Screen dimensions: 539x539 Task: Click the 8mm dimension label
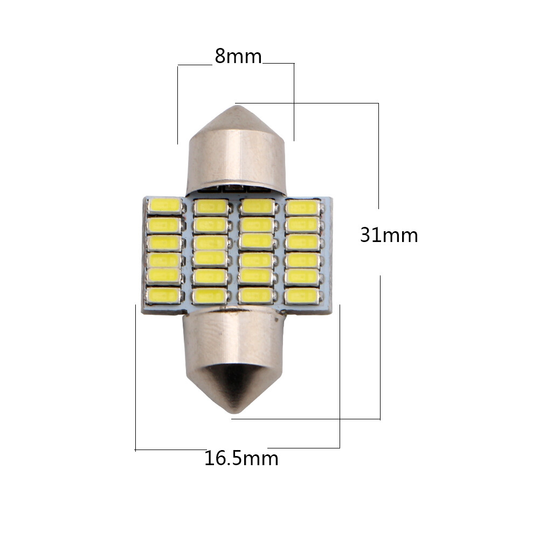click(238, 56)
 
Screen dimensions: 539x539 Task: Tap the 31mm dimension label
click(389, 235)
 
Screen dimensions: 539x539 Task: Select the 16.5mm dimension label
click(241, 459)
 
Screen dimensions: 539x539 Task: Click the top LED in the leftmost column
click(165, 205)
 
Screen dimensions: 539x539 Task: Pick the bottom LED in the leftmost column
click(164, 295)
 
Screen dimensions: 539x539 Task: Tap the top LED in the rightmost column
click(302, 208)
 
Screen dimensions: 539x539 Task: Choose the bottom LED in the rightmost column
click(302, 295)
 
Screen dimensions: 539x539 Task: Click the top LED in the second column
click(211, 206)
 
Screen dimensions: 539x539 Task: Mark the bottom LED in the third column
click(256, 295)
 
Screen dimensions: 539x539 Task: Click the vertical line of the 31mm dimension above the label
click(378, 156)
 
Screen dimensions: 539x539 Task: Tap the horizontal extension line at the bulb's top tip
click(307, 103)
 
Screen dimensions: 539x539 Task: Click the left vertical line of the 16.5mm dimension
click(135, 377)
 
